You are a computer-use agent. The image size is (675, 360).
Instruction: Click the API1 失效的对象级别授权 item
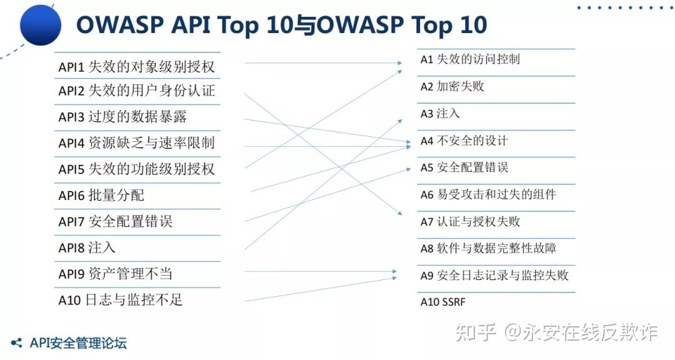136,67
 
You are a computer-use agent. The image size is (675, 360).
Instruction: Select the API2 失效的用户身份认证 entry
136,91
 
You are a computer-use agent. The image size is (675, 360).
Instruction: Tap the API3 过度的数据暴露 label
122,117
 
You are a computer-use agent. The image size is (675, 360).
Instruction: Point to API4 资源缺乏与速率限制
136,143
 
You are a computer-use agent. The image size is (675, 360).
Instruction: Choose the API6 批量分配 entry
101,196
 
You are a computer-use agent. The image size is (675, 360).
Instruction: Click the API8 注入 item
87,247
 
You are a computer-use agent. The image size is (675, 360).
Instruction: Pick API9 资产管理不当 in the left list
115,274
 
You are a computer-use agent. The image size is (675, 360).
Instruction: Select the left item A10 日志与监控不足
120,301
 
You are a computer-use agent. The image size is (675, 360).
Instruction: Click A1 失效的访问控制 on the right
469,60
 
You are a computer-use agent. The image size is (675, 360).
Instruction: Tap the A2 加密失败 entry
452,87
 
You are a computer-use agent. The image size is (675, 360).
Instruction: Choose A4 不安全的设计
464,141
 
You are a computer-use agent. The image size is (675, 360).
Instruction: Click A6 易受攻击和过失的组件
487,194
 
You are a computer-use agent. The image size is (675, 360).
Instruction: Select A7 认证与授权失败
469,222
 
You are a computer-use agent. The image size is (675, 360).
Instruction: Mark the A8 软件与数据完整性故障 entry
487,249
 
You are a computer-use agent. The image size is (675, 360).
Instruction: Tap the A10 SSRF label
442,302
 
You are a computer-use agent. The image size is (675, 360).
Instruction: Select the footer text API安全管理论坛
77,343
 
